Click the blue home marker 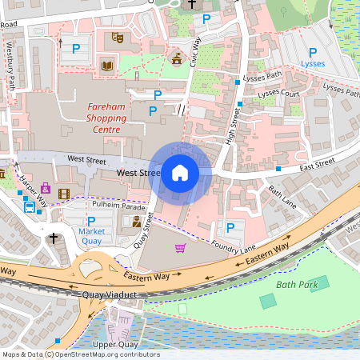(180, 173)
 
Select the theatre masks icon (117, 38)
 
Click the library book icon (108, 65)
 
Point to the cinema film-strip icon (63, 190)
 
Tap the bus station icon (30, 207)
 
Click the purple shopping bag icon (45, 189)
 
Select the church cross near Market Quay (54, 238)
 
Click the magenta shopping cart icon (181, 247)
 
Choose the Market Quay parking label (91, 232)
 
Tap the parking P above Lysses (313, 52)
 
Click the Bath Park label (296, 284)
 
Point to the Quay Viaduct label (110, 294)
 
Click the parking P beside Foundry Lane (230, 228)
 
